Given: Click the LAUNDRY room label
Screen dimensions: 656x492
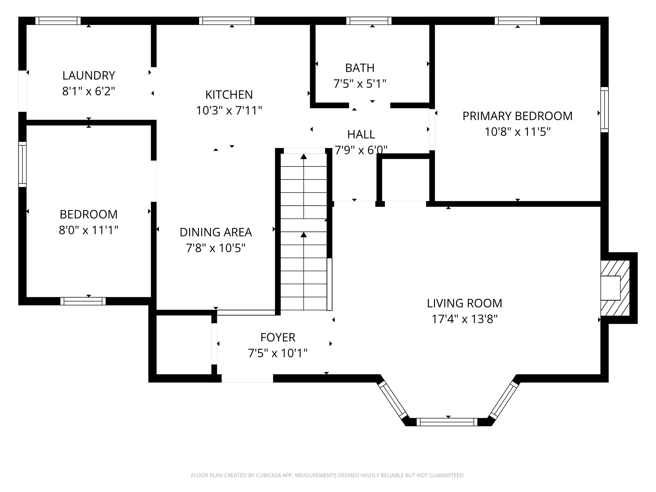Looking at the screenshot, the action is pyautogui.click(x=89, y=76).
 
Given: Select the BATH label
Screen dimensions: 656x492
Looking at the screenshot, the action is pyautogui.click(x=360, y=68).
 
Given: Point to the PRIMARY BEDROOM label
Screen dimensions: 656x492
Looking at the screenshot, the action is pyautogui.click(x=517, y=116).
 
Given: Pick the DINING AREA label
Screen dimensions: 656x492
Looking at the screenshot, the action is pyautogui.click(x=216, y=232).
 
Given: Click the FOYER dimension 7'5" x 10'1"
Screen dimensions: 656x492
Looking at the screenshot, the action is pyautogui.click(x=278, y=353).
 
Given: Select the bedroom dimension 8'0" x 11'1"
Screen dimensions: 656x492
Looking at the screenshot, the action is pyautogui.click(x=89, y=230).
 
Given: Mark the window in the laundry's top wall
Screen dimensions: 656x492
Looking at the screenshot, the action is pyautogui.click(x=58, y=21).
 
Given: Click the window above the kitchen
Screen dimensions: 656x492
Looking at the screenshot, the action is pyautogui.click(x=227, y=21).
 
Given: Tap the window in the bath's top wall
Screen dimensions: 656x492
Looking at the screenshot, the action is pyautogui.click(x=369, y=21).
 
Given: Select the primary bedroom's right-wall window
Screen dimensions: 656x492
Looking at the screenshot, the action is pyautogui.click(x=604, y=110).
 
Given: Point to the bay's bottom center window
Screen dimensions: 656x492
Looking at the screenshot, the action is pyautogui.click(x=447, y=422).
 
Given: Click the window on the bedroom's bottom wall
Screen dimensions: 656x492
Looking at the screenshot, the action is pyautogui.click(x=83, y=301).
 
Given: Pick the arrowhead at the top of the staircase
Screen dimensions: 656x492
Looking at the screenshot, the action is pyautogui.click(x=304, y=156).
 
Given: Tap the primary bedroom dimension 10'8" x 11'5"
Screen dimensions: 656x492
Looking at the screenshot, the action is pyautogui.click(x=517, y=132).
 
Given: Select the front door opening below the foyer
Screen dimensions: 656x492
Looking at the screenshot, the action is pyautogui.click(x=247, y=378).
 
